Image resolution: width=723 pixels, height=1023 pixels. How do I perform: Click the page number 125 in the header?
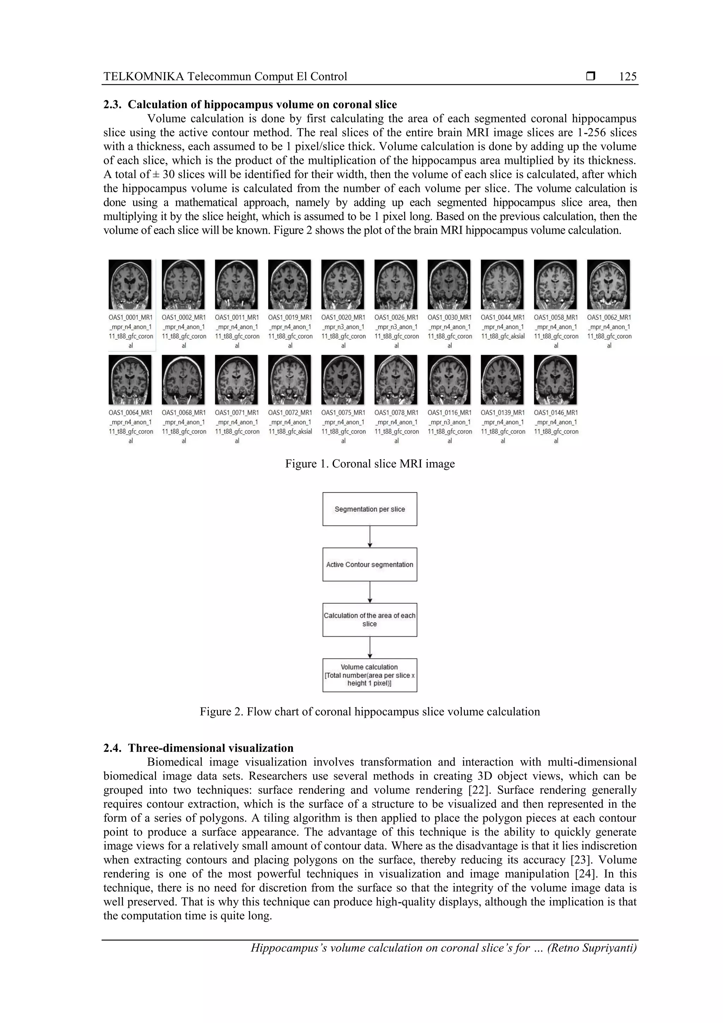click(x=628, y=77)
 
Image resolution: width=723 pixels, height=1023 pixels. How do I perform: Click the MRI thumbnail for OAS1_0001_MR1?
click(x=130, y=284)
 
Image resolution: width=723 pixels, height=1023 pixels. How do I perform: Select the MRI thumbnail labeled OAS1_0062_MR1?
click(x=609, y=284)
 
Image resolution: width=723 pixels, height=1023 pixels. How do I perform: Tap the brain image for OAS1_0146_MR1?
click(x=556, y=380)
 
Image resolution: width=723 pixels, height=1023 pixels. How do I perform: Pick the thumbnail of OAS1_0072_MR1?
click(x=289, y=380)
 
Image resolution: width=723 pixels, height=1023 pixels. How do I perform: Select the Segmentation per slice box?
click(x=370, y=509)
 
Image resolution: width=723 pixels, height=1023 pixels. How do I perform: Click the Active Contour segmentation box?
click(x=370, y=565)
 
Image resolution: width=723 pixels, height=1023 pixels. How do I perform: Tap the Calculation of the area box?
click(x=370, y=620)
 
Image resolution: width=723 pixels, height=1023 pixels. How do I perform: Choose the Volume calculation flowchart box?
click(x=370, y=675)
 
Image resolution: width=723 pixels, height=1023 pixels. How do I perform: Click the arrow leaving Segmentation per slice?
click(x=370, y=537)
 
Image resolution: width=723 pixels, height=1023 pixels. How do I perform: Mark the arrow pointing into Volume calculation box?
click(x=370, y=648)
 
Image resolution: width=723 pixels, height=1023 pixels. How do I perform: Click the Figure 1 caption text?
click(x=370, y=464)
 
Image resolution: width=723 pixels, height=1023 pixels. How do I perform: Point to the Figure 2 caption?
click(x=370, y=712)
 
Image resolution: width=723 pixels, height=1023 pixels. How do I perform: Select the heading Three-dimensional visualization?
click(x=211, y=748)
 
